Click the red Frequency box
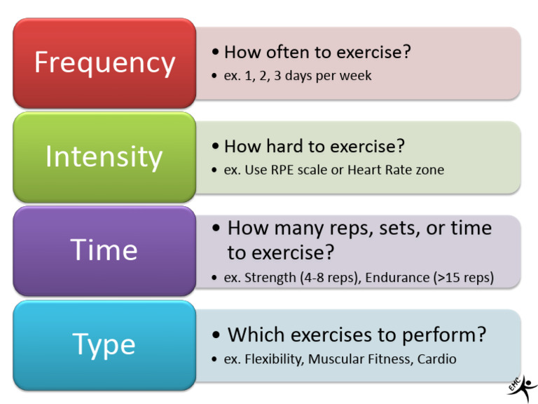(104, 63)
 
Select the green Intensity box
(104, 156)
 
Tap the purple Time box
(104, 250)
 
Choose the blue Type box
(104, 344)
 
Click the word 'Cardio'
(436, 359)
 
